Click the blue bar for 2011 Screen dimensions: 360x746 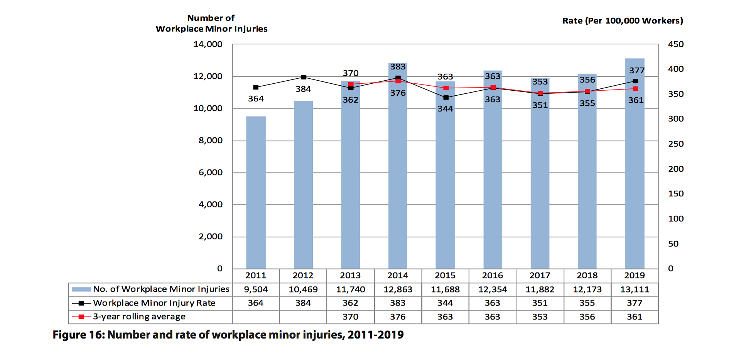tap(256, 193)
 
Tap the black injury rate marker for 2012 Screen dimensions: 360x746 tap(304, 77)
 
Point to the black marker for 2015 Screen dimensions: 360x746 tap(446, 98)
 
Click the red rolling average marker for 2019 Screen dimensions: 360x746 tap(635, 89)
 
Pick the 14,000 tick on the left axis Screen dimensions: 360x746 tap(208, 44)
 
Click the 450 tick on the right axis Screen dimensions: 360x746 tap(676, 44)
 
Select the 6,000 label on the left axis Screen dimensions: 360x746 tap(211, 172)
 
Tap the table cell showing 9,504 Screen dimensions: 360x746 tap(256, 289)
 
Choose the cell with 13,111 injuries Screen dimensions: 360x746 tap(635, 289)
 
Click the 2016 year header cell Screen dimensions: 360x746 tap(493, 275)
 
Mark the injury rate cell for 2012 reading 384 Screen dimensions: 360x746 tap(303, 303)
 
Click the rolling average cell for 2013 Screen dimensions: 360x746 tap(350, 317)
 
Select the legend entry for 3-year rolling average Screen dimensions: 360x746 tap(139, 317)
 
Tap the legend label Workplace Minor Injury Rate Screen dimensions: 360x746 tap(154, 303)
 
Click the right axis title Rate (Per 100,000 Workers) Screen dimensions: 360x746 tap(623, 21)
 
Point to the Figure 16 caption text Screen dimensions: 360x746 tap(228, 335)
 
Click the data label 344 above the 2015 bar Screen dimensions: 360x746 tap(445, 109)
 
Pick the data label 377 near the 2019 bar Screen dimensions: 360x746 tap(637, 71)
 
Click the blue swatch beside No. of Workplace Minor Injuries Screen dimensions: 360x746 tap(81, 289)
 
